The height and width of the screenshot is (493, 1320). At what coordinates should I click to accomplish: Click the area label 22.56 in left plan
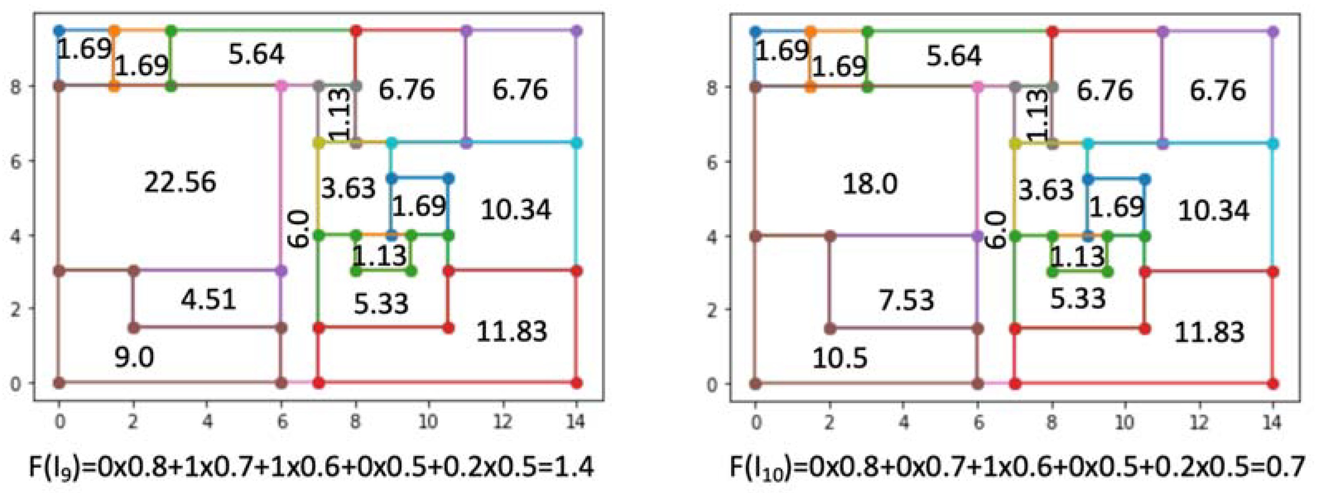point(180,183)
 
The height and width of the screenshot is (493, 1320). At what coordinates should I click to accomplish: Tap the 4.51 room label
point(208,299)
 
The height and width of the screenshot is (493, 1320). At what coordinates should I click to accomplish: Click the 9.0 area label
point(134,357)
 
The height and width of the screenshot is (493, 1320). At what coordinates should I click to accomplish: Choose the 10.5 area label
point(839,358)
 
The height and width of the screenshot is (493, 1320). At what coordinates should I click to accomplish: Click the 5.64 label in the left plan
point(256,54)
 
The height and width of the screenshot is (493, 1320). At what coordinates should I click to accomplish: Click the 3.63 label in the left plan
point(348,189)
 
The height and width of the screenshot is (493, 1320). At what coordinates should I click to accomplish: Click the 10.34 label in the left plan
point(515,210)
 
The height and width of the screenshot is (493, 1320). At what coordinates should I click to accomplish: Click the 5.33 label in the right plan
point(1077,299)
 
